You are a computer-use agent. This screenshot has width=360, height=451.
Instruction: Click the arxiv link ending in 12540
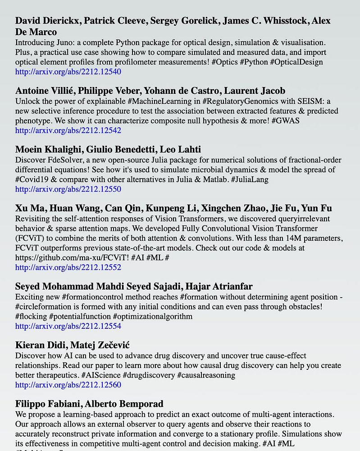tap(68, 72)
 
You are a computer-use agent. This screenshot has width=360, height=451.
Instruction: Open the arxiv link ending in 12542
tap(68, 130)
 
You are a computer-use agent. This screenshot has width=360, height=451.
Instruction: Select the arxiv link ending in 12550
tap(68, 189)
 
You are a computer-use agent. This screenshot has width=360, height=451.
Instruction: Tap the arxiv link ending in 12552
tap(68, 267)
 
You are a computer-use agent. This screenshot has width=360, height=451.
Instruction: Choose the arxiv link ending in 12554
tap(68, 326)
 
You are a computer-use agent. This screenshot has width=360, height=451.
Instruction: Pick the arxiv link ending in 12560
tap(68, 385)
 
